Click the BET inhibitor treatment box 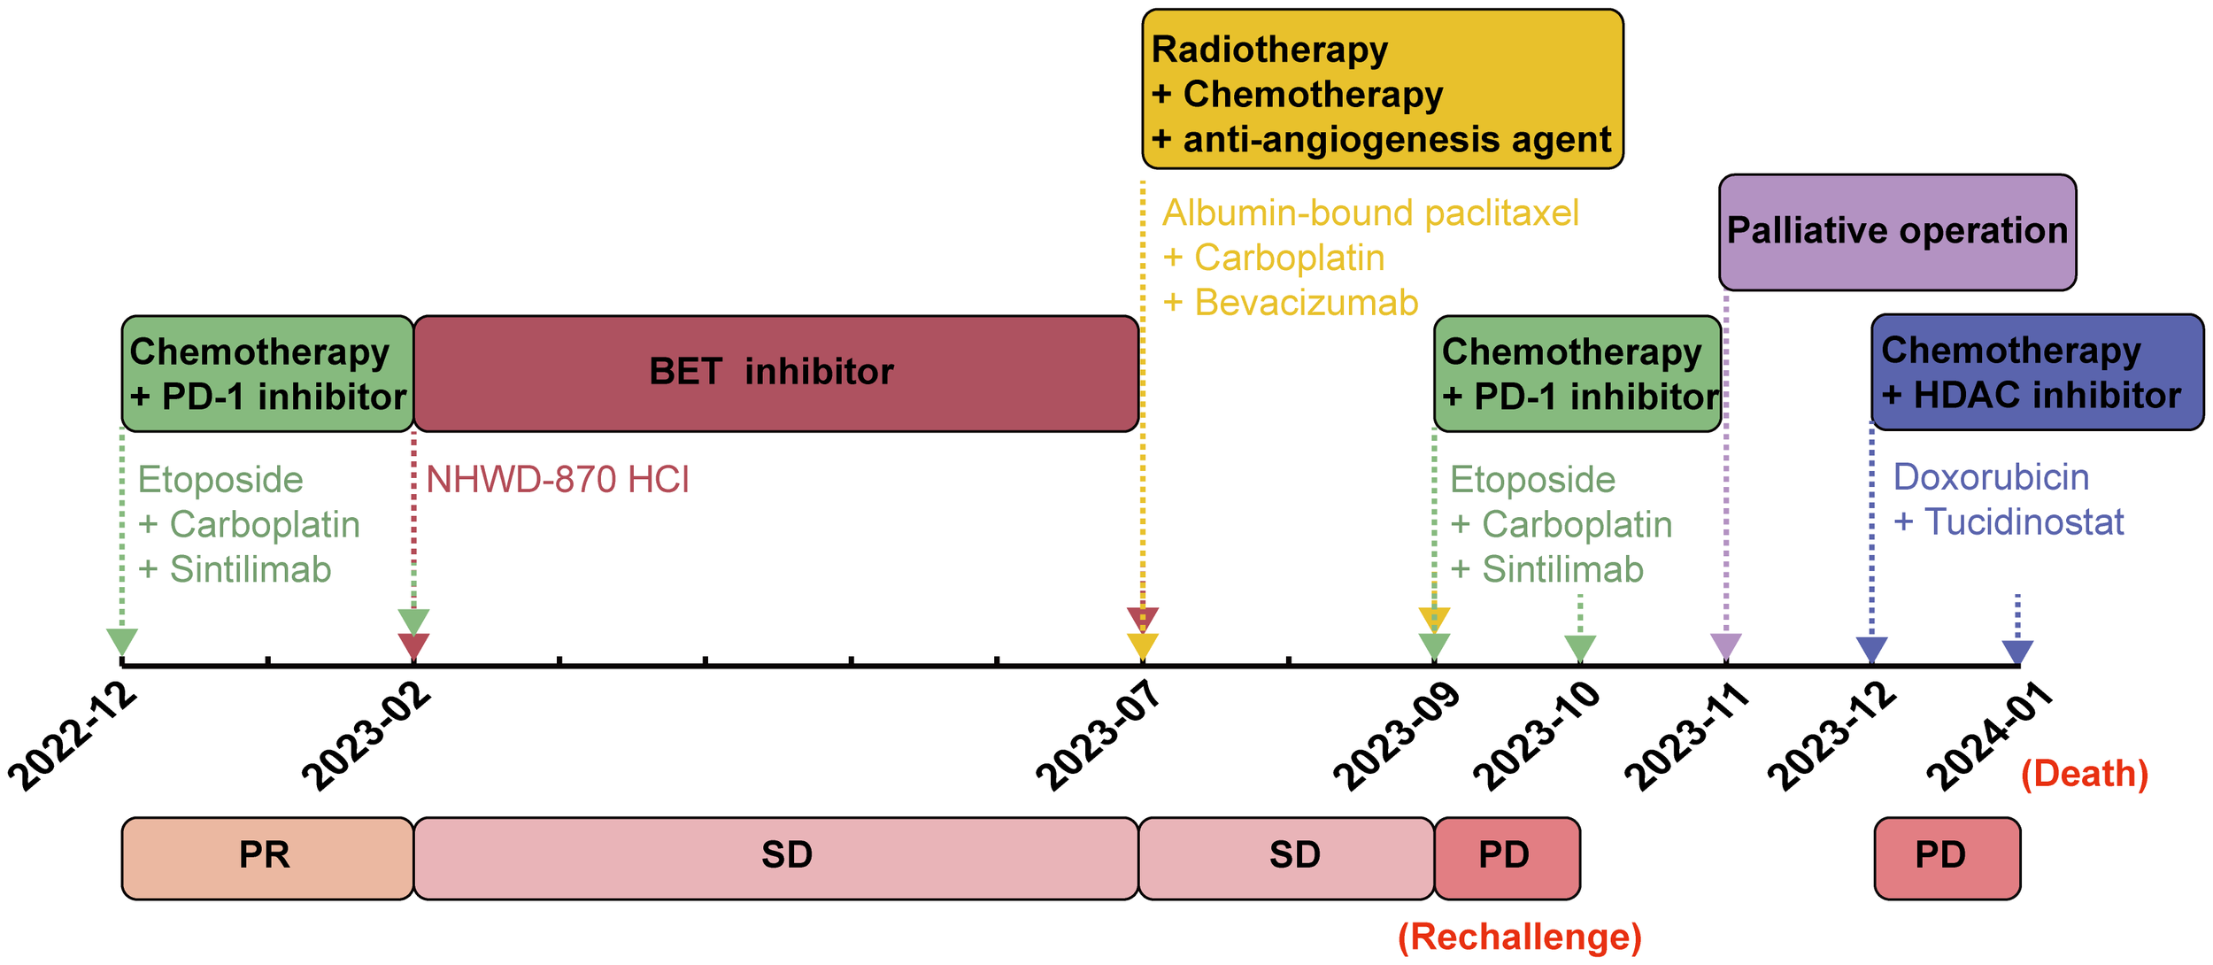[775, 373]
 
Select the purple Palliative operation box [1897, 232]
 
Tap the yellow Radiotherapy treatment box [1382, 89]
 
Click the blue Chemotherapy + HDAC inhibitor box [2037, 373]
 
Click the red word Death [2085, 774]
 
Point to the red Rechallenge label [1520, 937]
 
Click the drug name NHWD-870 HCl [558, 480]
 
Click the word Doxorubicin [1991, 478]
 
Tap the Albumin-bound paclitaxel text [1370, 213]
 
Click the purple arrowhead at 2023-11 [1726, 646]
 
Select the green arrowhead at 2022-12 [121, 641]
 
